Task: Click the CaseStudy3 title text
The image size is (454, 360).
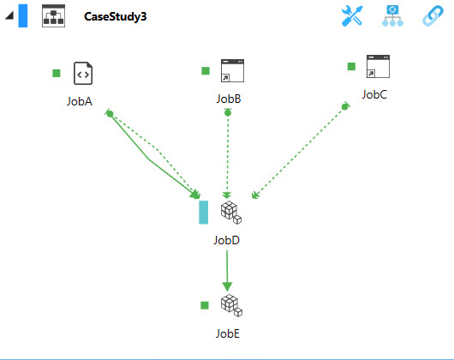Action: [116, 16]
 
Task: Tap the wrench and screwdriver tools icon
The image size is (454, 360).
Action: [352, 16]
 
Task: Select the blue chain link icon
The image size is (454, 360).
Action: [433, 16]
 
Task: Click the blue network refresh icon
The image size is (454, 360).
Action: [392, 16]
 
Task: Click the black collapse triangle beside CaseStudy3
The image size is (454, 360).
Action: [9, 15]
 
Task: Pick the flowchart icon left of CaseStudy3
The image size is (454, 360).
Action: [54, 16]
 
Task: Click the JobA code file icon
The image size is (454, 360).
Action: [83, 73]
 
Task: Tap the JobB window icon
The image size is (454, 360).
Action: [232, 70]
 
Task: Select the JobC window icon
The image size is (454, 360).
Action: [378, 66]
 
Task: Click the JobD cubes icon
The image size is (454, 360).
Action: [231, 213]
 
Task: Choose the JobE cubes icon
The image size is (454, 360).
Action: [231, 305]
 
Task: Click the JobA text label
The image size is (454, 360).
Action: [80, 101]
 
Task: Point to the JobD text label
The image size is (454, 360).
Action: [227, 240]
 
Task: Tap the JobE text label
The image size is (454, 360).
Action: [228, 333]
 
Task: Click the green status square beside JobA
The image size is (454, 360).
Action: [57, 73]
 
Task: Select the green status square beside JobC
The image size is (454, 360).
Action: [351, 66]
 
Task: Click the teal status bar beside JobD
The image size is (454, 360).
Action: [204, 213]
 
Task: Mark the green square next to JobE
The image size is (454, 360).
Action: [205, 305]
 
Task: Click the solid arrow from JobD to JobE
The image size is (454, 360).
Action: [227, 271]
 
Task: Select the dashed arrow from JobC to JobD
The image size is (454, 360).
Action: [298, 153]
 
